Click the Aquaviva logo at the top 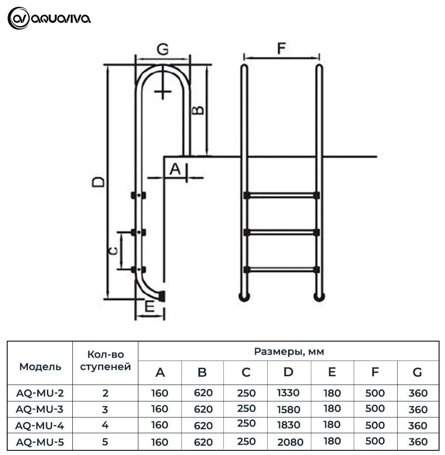point(49,19)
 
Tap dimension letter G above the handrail point(163,49)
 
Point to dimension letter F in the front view point(281,48)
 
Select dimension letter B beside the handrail point(198,110)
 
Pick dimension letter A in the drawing point(175,169)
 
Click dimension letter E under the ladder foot point(150,306)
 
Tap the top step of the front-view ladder point(281,195)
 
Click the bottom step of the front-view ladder point(281,270)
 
